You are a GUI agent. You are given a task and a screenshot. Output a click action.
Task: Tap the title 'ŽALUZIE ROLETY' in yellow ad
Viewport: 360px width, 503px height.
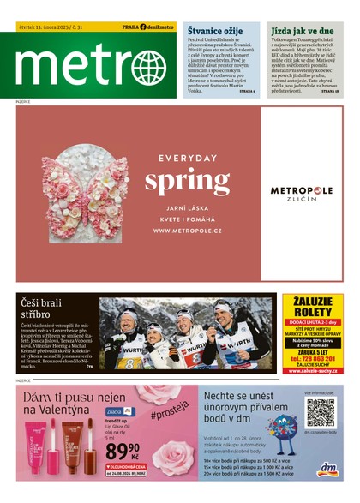point(313,307)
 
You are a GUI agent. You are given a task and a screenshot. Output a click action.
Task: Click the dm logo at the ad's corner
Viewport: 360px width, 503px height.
point(327,469)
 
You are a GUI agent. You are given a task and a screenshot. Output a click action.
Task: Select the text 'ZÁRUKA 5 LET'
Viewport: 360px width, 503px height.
point(313,350)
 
